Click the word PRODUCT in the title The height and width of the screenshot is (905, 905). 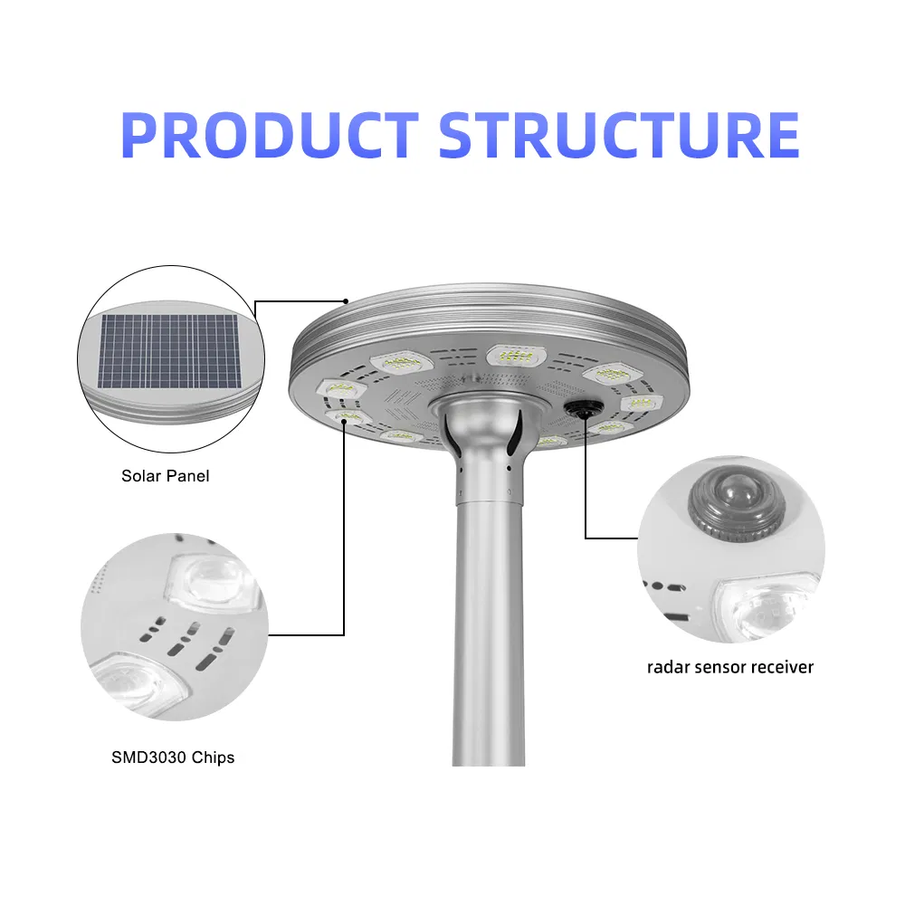(x=269, y=136)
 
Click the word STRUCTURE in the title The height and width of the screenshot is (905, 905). (x=619, y=136)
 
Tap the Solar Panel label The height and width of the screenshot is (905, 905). (x=165, y=476)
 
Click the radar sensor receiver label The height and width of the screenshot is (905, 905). (x=730, y=668)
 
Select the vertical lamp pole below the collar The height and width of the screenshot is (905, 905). (x=488, y=633)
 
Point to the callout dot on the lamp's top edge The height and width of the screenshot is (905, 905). (x=346, y=300)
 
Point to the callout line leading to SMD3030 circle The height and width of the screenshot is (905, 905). (x=344, y=543)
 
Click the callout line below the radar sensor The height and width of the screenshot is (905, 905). (x=586, y=489)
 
